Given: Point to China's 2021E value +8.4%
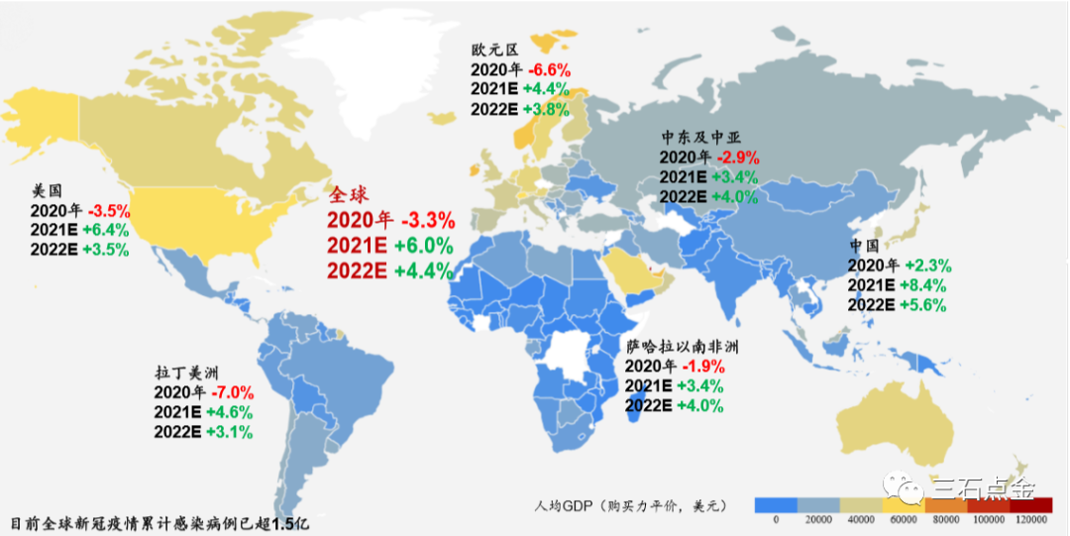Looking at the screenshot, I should point(927,285).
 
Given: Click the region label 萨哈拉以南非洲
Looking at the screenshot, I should point(684,347).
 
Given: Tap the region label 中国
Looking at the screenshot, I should point(865,246).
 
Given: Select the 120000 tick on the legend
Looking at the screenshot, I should point(1031,521).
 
